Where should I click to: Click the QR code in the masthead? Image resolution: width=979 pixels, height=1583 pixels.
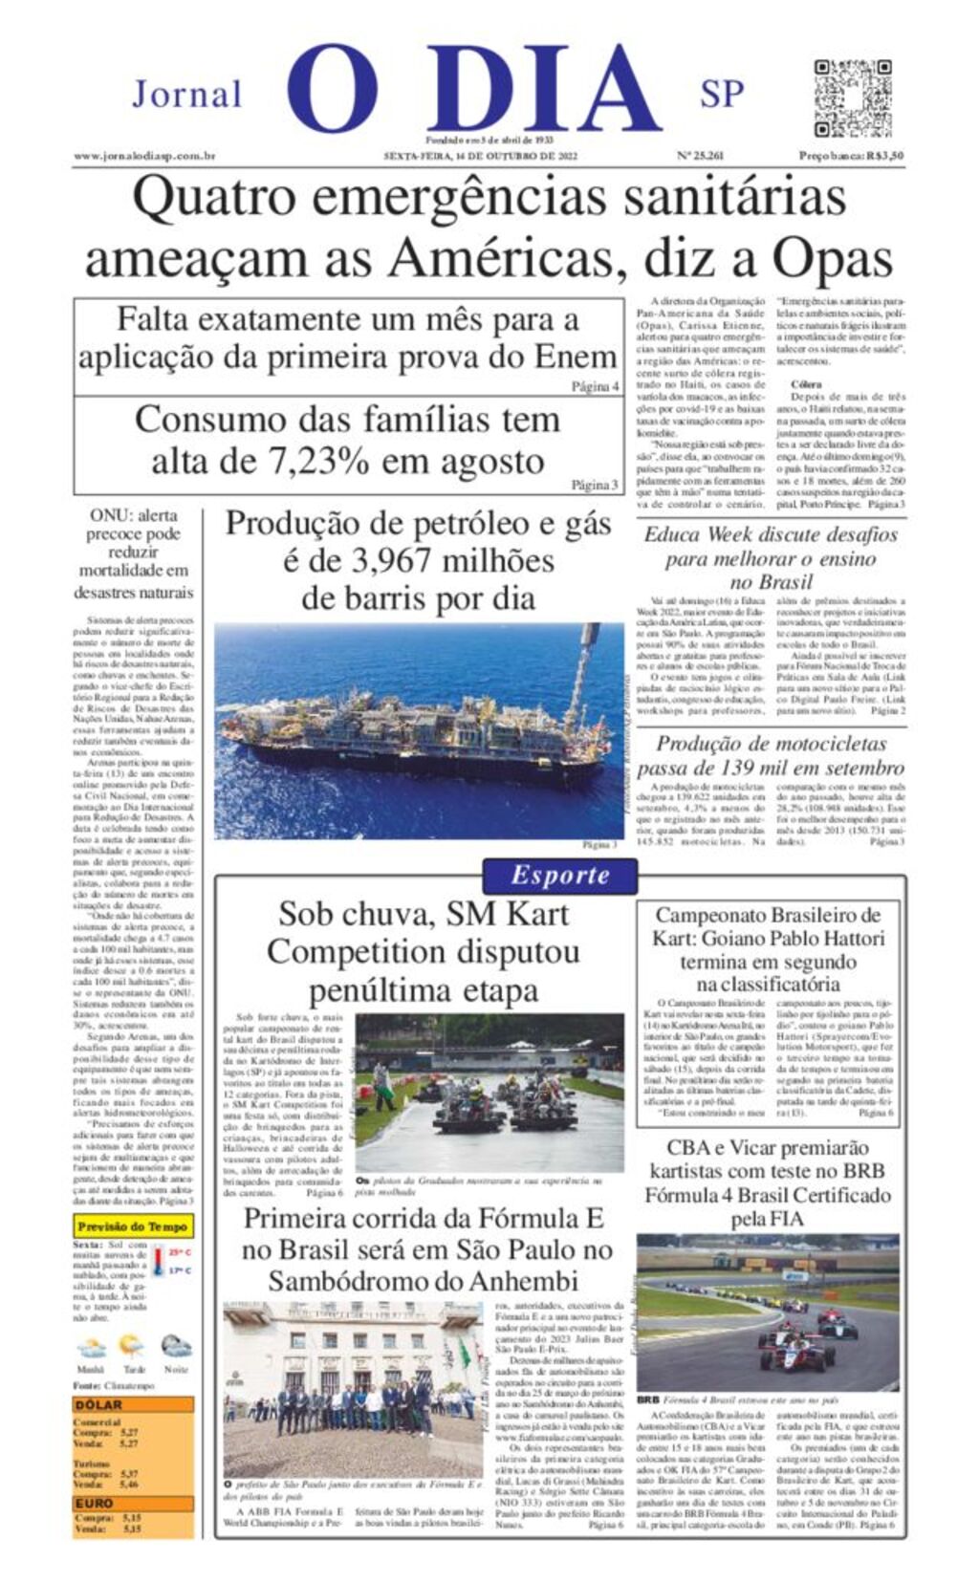pos(852,98)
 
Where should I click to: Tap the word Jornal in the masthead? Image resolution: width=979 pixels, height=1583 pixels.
pos(187,95)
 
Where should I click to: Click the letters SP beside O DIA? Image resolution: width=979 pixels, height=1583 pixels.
pos(722,95)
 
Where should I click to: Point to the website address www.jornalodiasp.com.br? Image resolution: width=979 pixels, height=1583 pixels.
pos(144,156)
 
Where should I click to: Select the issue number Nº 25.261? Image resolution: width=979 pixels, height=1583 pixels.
pos(700,156)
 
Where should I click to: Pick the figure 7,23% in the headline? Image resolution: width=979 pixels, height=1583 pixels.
pos(318,461)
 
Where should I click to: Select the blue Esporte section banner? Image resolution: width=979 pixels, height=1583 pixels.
pos(560,875)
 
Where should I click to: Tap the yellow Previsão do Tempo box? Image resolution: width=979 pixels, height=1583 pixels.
pos(133,1226)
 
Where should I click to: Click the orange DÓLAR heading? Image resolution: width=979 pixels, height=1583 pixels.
pos(99,1405)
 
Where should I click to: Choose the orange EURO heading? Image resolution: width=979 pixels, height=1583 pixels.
pos(95,1504)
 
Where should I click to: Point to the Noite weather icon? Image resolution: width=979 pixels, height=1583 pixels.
pos(176,1349)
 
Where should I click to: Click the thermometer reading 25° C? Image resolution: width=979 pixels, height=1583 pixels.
pos(179,1252)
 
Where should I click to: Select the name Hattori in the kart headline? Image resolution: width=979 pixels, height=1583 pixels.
pos(846,939)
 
